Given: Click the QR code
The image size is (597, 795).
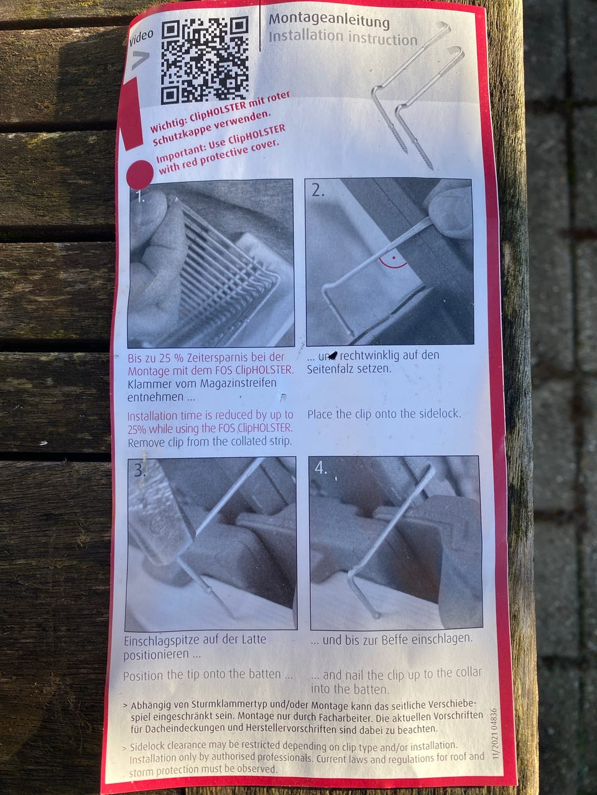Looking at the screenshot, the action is click(x=205, y=60).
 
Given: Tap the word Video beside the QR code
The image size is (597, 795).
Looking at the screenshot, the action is click(x=141, y=39).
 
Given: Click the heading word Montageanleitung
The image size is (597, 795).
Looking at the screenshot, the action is click(x=329, y=20).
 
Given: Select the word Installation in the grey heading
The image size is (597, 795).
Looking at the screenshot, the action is click(x=306, y=36).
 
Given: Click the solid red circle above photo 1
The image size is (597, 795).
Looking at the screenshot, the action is click(x=139, y=174).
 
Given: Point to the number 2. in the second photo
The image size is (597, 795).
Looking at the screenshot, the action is click(x=318, y=190).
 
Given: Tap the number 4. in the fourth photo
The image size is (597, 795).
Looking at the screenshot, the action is click(x=321, y=468).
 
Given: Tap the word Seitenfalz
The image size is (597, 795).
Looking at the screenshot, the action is click(x=331, y=369).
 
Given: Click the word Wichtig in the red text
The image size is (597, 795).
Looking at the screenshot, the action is click(x=164, y=125).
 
